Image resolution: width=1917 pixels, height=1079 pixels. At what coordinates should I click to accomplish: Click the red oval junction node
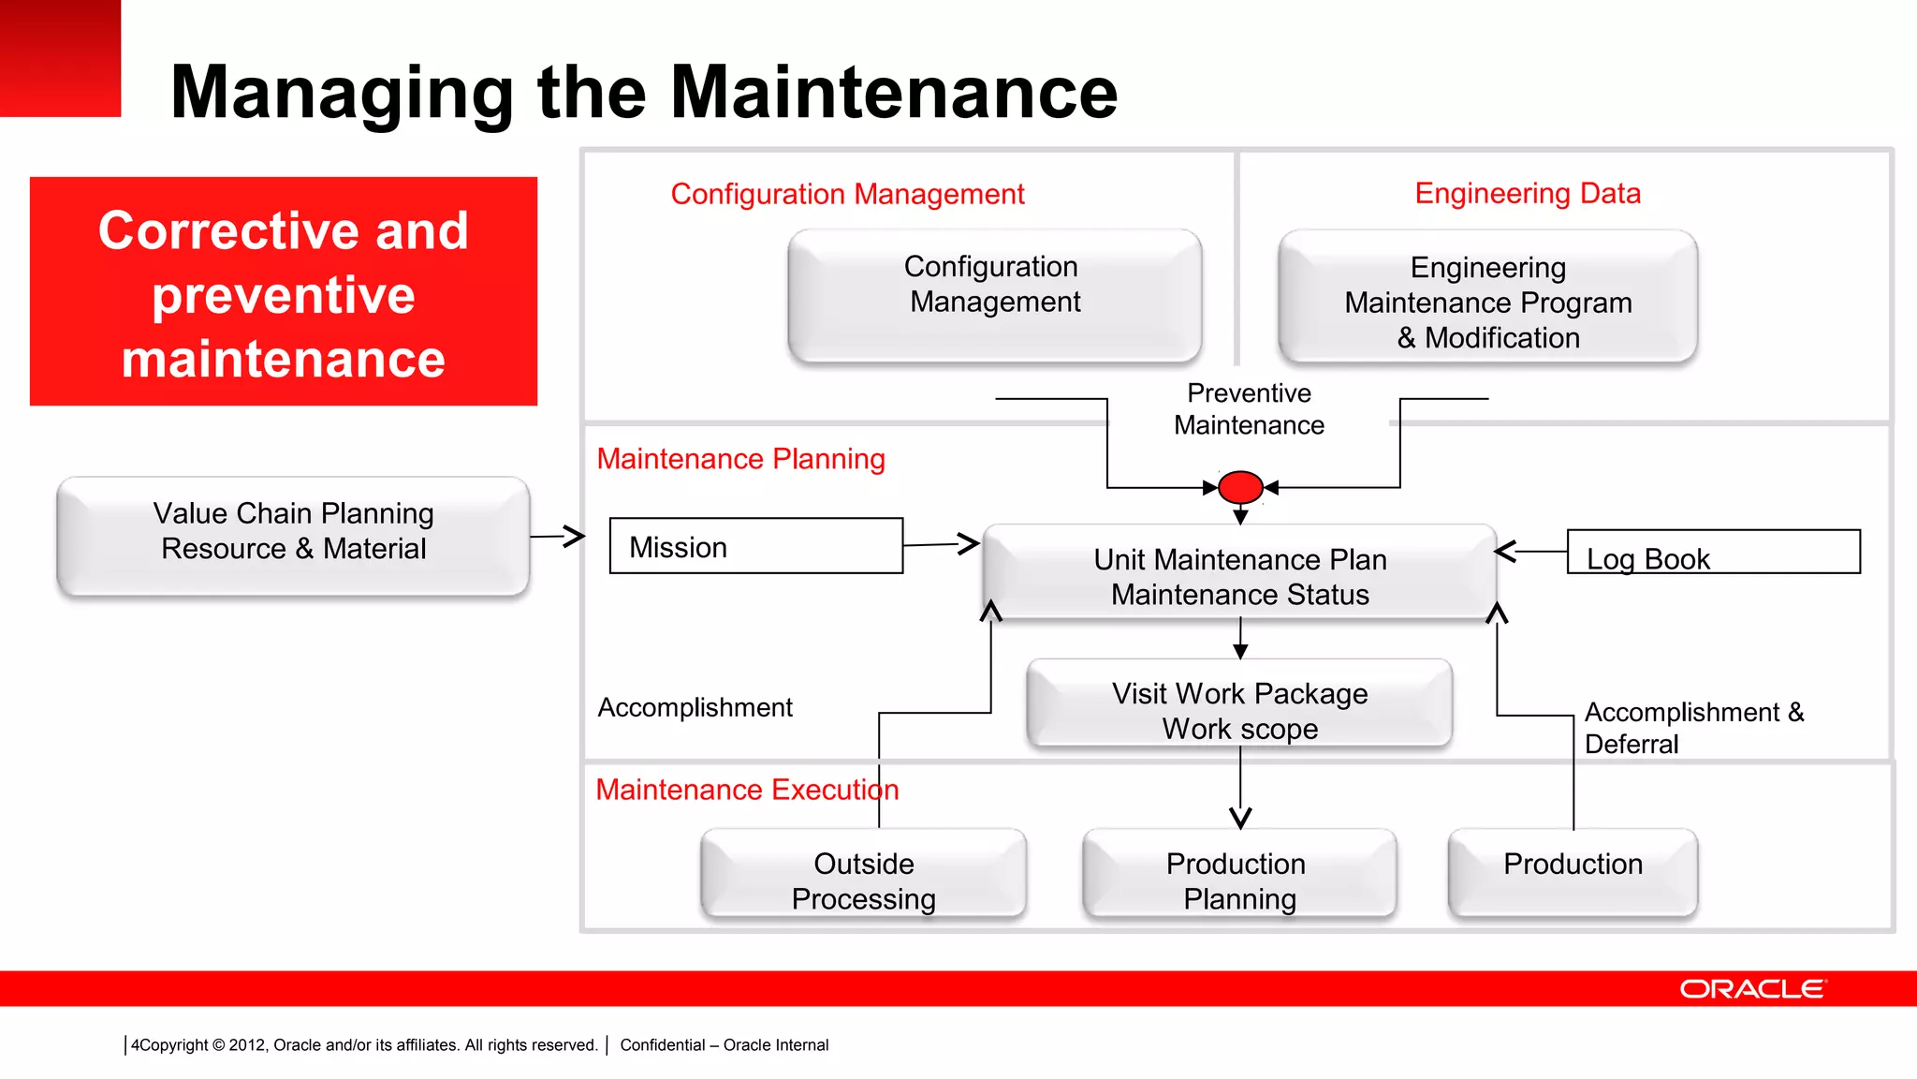click(1241, 487)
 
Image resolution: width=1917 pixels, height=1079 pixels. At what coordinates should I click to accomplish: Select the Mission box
click(755, 546)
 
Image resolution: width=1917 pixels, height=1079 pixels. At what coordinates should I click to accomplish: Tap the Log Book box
click(1713, 553)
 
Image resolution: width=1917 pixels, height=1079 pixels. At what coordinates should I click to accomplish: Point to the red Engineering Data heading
click(1528, 193)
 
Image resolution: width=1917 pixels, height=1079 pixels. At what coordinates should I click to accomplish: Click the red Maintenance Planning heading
click(740, 459)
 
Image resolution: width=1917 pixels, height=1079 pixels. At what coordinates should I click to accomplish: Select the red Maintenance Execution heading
click(746, 790)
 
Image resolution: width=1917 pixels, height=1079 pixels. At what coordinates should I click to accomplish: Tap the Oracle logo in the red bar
click(1751, 989)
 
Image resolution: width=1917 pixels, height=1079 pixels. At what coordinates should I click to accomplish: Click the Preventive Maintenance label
click(1249, 409)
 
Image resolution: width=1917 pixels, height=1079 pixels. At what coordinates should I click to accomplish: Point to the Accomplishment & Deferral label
click(1692, 728)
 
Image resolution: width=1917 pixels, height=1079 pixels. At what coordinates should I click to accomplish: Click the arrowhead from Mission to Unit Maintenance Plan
click(969, 543)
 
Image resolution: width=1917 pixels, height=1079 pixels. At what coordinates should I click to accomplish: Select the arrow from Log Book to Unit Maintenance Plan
click(1529, 552)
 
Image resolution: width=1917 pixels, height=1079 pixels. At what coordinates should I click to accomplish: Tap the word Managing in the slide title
click(342, 93)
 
